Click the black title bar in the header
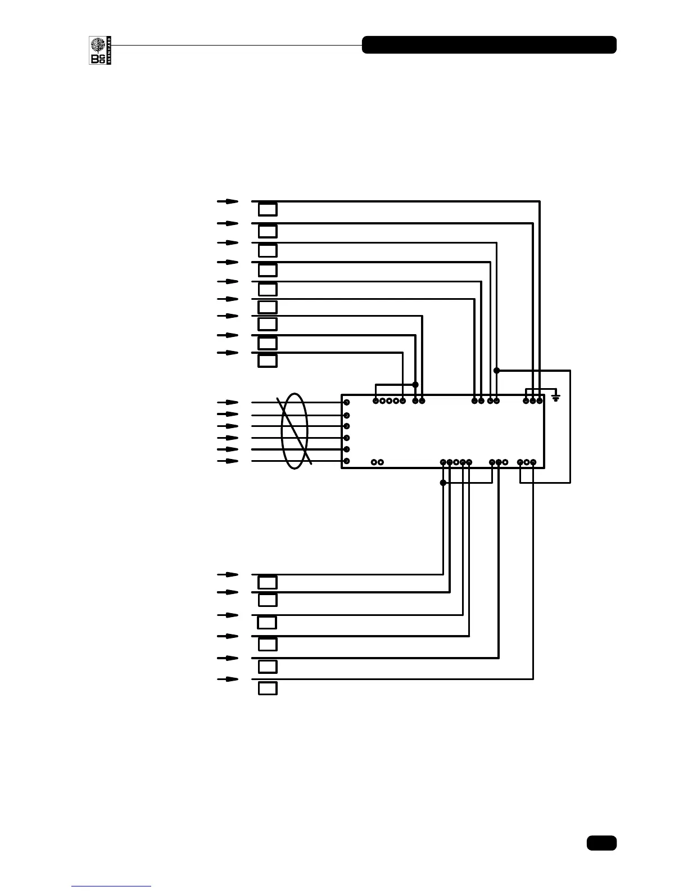[489, 45]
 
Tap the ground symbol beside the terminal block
[556, 397]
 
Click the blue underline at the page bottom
[111, 886]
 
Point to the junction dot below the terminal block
[443, 483]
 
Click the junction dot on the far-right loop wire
[497, 370]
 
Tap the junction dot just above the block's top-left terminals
[415, 385]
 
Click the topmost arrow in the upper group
[228, 201]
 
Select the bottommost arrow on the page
[228, 679]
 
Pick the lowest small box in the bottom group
[268, 688]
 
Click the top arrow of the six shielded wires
[228, 402]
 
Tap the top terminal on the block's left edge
[347, 402]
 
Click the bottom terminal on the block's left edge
[347, 461]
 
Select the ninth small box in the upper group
[268, 361]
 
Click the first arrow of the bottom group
[228, 575]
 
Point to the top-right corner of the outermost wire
[540, 201]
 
